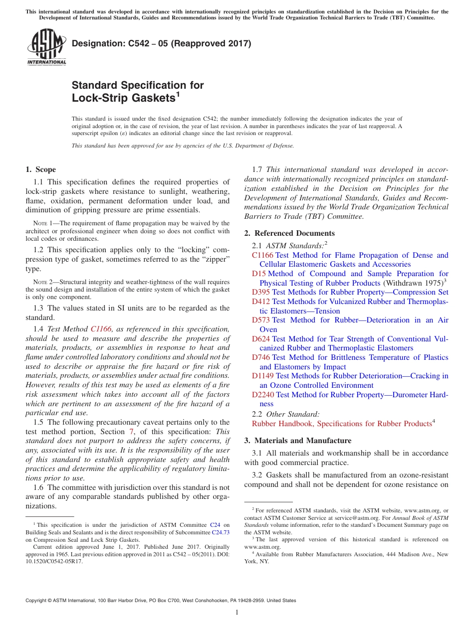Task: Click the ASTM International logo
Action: (46, 47)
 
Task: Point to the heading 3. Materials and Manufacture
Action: (297, 441)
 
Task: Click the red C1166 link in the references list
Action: (262, 255)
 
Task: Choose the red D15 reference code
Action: (258, 274)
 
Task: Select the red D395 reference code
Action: (261, 292)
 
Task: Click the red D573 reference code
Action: (261, 320)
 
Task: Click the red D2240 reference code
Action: (263, 394)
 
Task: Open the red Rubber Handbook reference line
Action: (341, 424)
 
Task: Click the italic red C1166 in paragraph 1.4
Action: (101, 329)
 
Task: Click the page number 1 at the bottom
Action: (237, 612)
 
